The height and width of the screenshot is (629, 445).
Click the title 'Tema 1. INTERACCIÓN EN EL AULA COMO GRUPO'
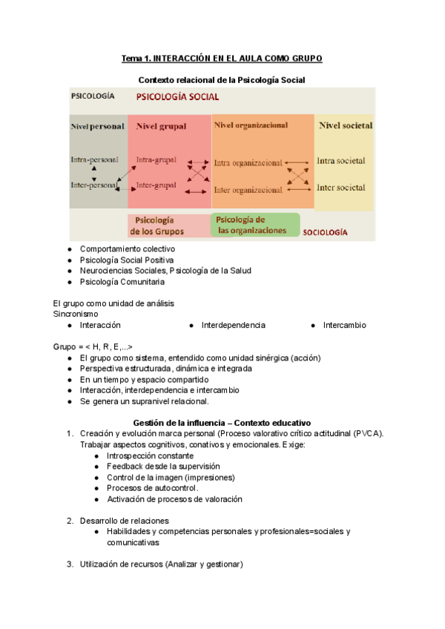click(x=222, y=59)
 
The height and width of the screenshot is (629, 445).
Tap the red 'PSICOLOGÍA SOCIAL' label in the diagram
click(x=177, y=96)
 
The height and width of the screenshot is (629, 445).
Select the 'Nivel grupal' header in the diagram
click(x=162, y=126)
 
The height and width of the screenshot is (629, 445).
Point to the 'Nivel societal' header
click(x=345, y=125)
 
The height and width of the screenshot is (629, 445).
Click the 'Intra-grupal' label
click(x=156, y=159)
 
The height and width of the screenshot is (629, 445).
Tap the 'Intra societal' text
click(x=340, y=160)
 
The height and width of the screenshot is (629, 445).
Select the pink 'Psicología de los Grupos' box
click(x=156, y=225)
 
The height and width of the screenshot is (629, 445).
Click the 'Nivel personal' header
click(x=97, y=126)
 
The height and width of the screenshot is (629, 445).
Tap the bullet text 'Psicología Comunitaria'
click(x=122, y=282)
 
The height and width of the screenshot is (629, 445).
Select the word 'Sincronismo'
click(x=75, y=314)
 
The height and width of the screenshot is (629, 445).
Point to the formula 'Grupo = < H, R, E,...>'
click(x=93, y=347)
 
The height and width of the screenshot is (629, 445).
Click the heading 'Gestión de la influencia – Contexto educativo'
click(x=222, y=422)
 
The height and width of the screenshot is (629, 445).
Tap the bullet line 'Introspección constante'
click(x=150, y=455)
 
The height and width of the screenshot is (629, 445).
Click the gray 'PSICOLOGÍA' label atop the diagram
click(x=93, y=96)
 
